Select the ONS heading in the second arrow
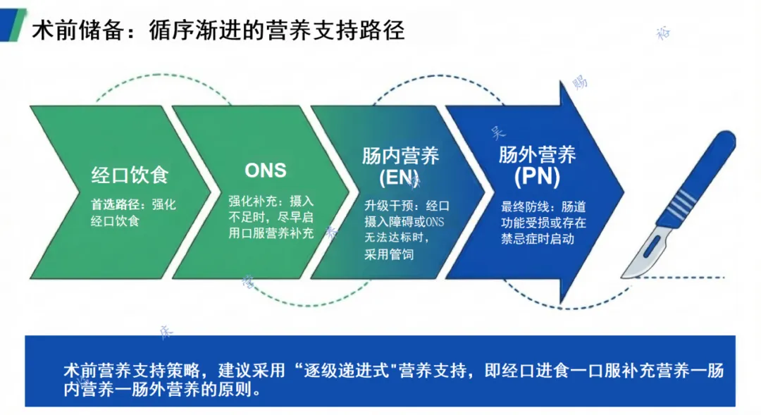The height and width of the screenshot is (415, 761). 266,171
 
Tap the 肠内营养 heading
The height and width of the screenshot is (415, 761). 400,156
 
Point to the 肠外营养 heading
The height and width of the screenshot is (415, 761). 537,154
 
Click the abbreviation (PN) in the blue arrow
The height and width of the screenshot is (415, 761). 537,178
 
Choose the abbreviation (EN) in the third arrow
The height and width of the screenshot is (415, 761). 399,178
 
